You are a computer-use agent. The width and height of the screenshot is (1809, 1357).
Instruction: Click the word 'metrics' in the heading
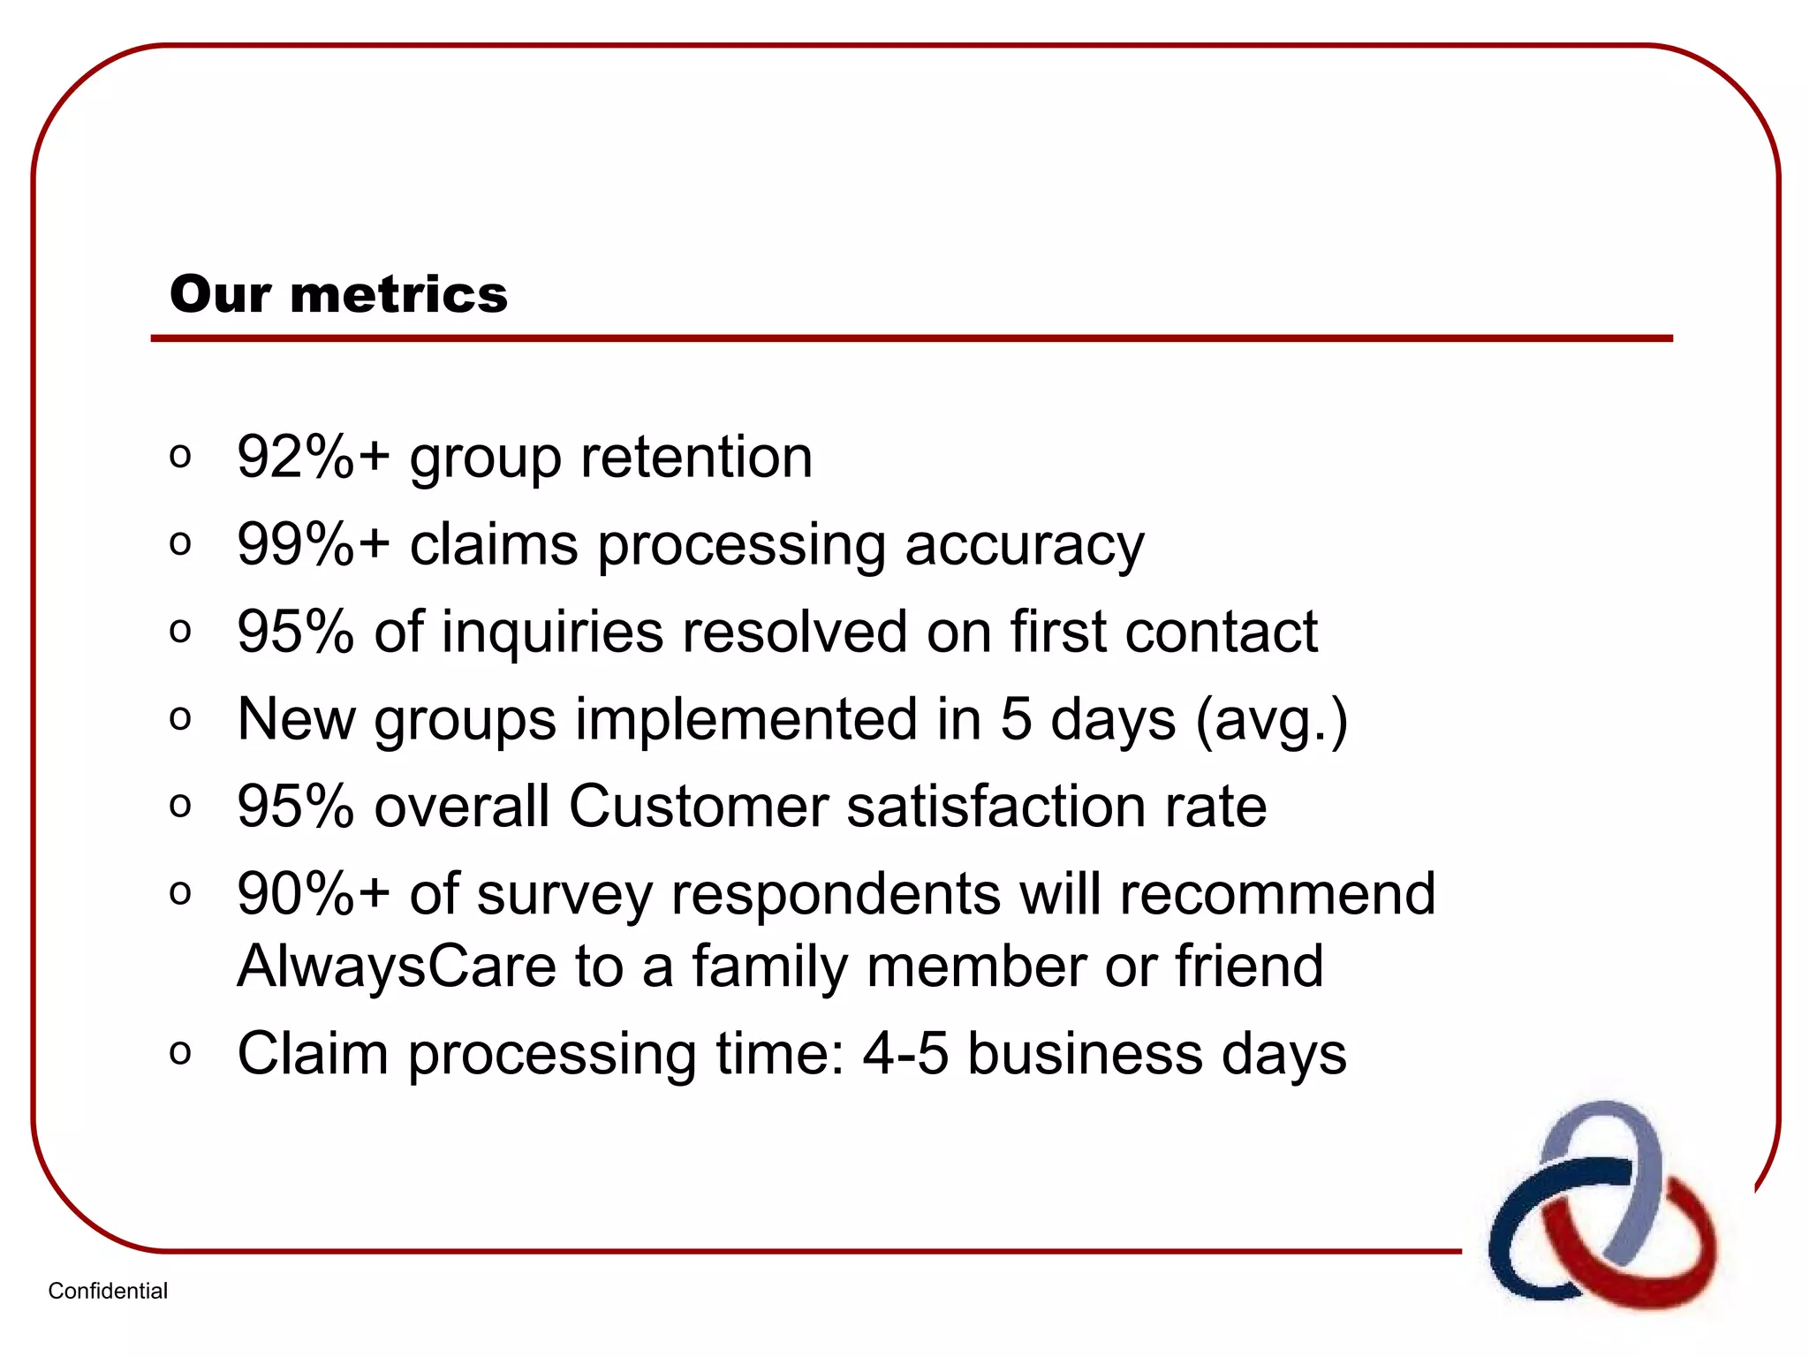pos(398,294)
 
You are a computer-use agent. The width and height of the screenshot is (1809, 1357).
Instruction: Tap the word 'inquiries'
pos(552,633)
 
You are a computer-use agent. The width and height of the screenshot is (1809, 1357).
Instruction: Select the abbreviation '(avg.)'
pos(1271,721)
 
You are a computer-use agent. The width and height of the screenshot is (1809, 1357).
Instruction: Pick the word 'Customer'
pos(698,806)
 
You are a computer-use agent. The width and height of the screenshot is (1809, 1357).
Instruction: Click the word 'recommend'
pos(1277,893)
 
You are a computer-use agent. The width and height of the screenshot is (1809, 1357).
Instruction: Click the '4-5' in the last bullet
pos(905,1053)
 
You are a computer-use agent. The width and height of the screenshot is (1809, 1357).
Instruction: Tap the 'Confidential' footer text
pos(108,1291)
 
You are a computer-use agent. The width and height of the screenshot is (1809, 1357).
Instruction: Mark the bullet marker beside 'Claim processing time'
pos(180,1053)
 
